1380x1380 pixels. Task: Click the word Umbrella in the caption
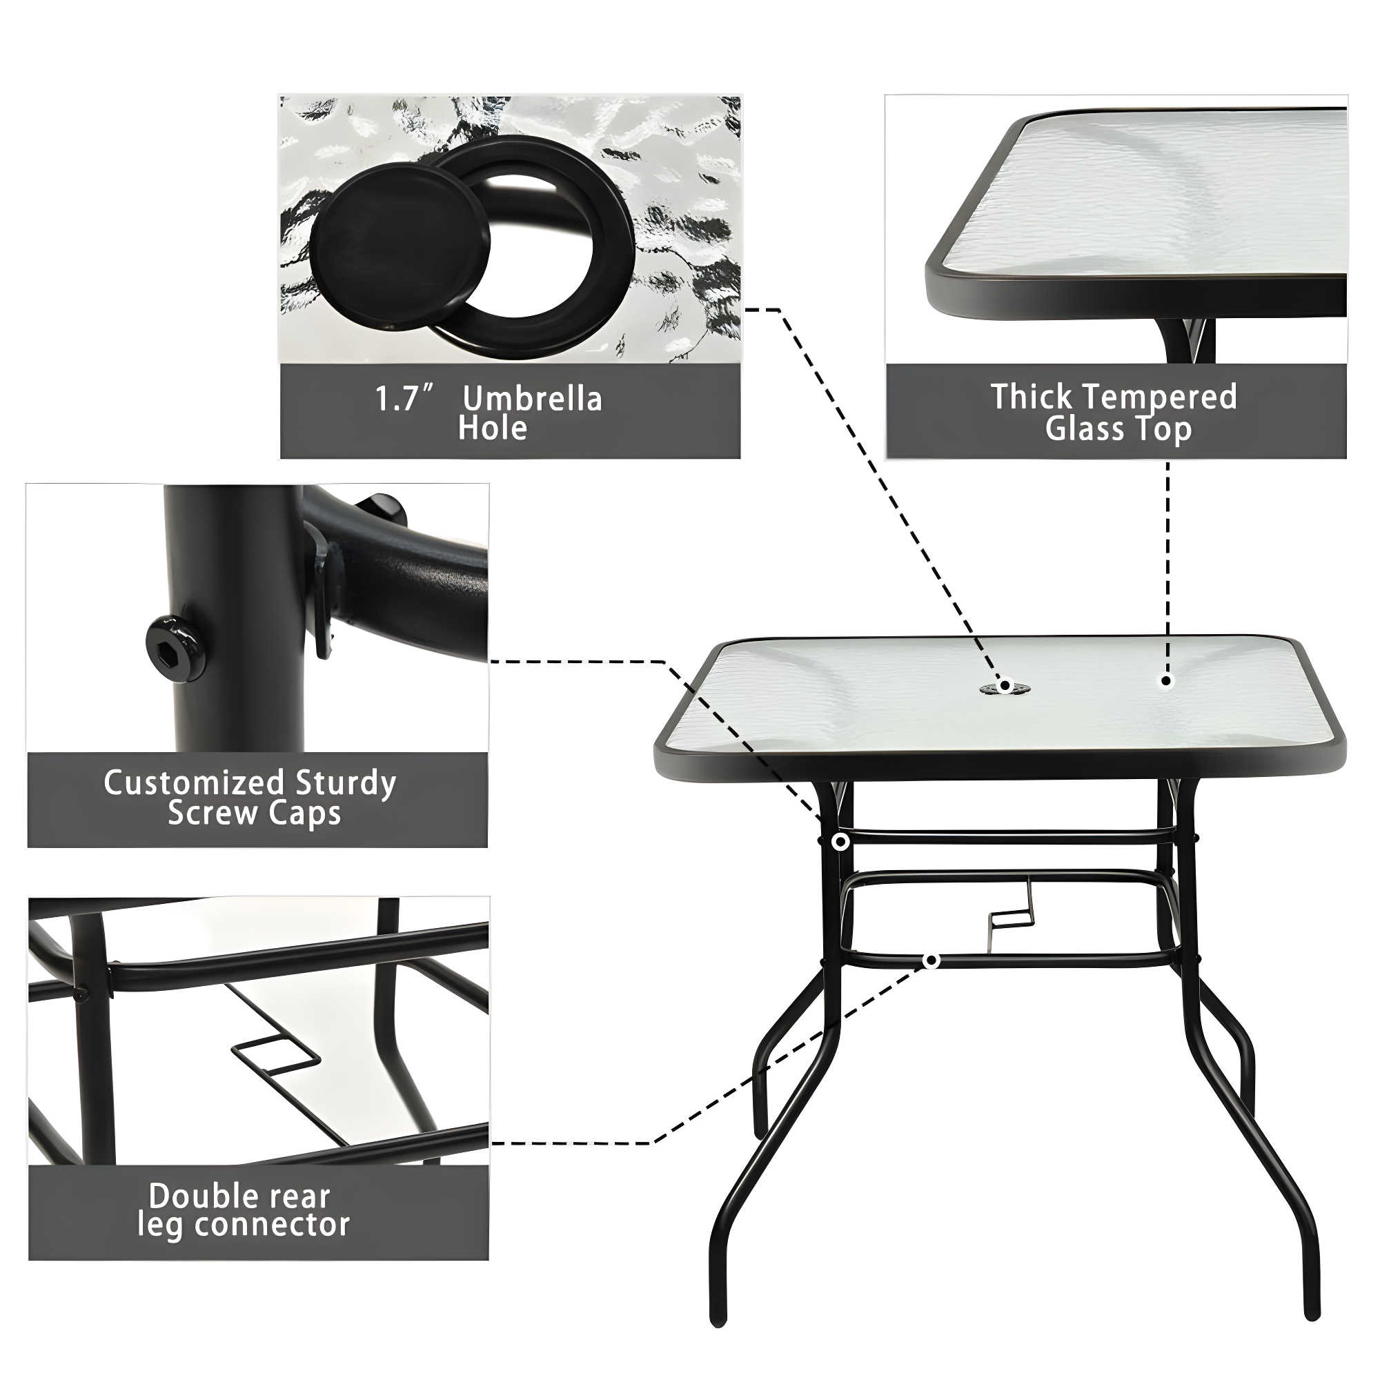click(x=532, y=399)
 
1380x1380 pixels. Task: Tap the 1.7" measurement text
click(x=404, y=398)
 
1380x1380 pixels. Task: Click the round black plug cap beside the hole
click(x=400, y=245)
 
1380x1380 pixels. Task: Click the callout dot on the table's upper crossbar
click(x=840, y=842)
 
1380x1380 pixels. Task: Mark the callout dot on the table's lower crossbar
click(x=931, y=961)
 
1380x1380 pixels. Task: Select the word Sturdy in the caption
click(x=346, y=785)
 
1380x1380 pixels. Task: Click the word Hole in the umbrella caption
click(x=492, y=428)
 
